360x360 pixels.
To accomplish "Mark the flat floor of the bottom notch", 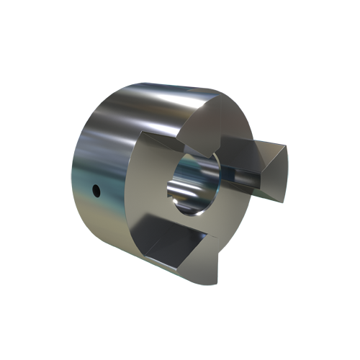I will (173, 248).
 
